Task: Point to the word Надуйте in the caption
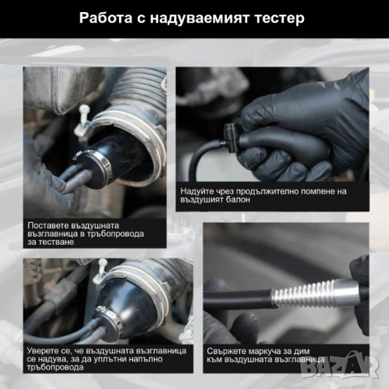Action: coord(199,192)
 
